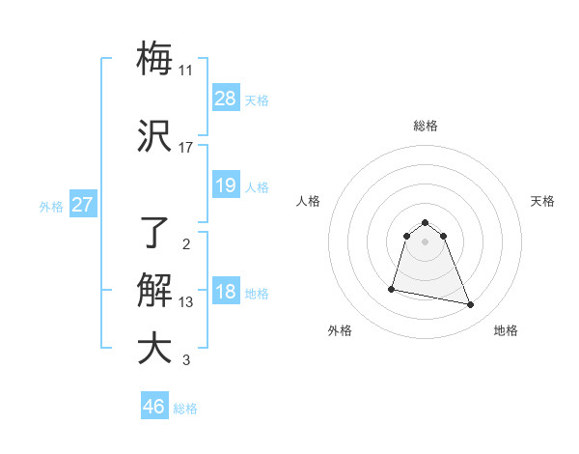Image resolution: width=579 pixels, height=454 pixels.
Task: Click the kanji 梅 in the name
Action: (x=154, y=58)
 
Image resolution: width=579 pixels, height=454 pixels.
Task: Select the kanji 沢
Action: (x=154, y=136)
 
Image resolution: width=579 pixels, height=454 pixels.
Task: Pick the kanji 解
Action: (x=154, y=291)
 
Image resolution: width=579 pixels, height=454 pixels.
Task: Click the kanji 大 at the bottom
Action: (x=154, y=349)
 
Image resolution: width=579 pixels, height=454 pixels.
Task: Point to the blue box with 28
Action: (x=226, y=99)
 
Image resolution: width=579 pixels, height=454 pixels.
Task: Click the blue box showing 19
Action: (x=226, y=185)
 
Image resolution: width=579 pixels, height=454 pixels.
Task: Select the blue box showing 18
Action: (x=226, y=292)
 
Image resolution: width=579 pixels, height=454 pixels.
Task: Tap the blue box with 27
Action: (x=82, y=205)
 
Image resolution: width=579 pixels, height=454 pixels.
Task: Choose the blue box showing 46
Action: (x=154, y=407)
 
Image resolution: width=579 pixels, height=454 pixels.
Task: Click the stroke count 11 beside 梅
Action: (x=185, y=71)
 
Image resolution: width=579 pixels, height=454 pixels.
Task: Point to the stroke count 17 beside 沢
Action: (x=185, y=148)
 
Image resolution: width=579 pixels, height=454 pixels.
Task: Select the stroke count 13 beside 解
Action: (x=185, y=302)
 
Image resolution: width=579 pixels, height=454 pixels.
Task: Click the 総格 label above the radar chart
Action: (x=426, y=126)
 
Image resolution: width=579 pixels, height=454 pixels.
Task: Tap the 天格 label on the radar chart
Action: (x=542, y=201)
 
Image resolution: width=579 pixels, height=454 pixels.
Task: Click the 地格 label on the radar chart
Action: (x=506, y=330)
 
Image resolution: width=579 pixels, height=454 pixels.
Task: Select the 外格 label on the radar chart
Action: (x=340, y=330)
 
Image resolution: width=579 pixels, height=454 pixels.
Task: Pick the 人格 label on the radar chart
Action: (x=309, y=201)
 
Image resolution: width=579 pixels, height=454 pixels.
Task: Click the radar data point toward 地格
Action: (x=471, y=305)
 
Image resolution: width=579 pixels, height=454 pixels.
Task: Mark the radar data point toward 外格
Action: (x=392, y=288)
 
